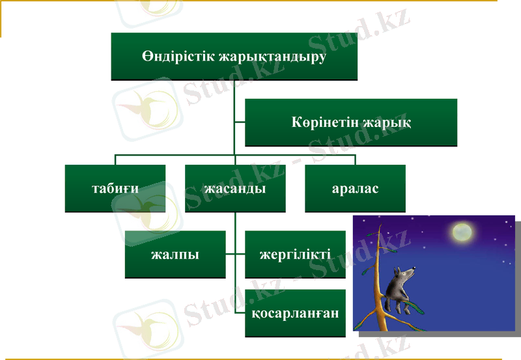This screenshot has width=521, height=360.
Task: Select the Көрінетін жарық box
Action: pos(350,122)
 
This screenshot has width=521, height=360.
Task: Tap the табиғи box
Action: pos(115,188)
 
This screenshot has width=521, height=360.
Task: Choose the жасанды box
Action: pos(234,188)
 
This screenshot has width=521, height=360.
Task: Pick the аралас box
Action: pos(355,188)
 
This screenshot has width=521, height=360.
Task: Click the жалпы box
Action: pos(175,254)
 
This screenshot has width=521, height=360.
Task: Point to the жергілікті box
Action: pos(294,254)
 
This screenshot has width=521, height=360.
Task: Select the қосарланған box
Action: pos(295,313)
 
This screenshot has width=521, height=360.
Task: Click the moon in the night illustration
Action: pos(462,230)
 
